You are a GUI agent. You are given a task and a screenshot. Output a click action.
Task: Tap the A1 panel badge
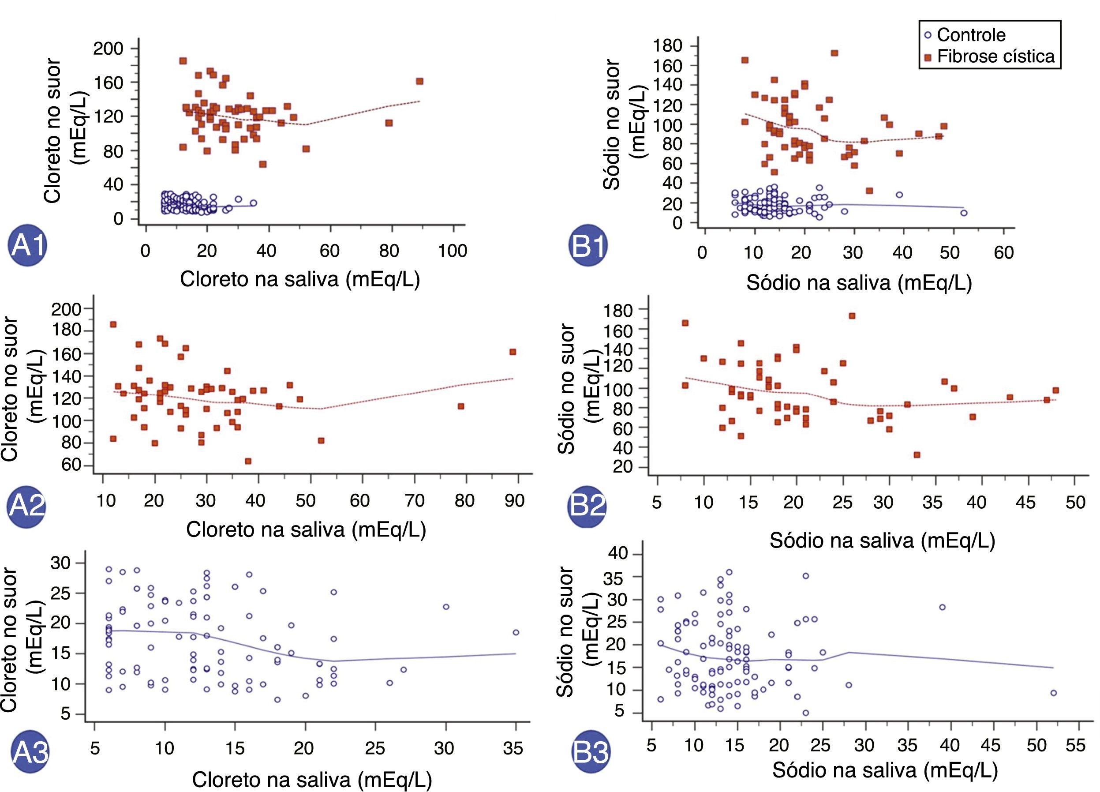tap(28, 246)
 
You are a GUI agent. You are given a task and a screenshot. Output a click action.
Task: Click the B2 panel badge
tap(587, 506)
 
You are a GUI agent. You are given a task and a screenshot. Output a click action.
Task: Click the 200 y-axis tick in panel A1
tap(108, 49)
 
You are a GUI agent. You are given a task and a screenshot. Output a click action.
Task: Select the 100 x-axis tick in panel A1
tap(452, 251)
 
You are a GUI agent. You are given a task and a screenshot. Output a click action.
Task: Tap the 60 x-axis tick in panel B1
tap(1003, 253)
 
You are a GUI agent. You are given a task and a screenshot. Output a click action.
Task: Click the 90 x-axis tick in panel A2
tap(514, 500)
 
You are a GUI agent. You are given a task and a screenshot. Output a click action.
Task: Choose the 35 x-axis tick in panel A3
tap(513, 748)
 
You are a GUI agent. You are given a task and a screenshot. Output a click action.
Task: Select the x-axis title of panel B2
tap(882, 540)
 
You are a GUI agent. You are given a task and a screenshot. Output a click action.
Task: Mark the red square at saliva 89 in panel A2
tap(513, 352)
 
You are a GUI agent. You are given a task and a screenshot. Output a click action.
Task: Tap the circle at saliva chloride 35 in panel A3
tap(516, 632)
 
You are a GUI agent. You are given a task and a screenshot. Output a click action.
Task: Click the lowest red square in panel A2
tap(248, 461)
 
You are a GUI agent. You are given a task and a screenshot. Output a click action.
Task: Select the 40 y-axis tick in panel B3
tap(617, 553)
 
